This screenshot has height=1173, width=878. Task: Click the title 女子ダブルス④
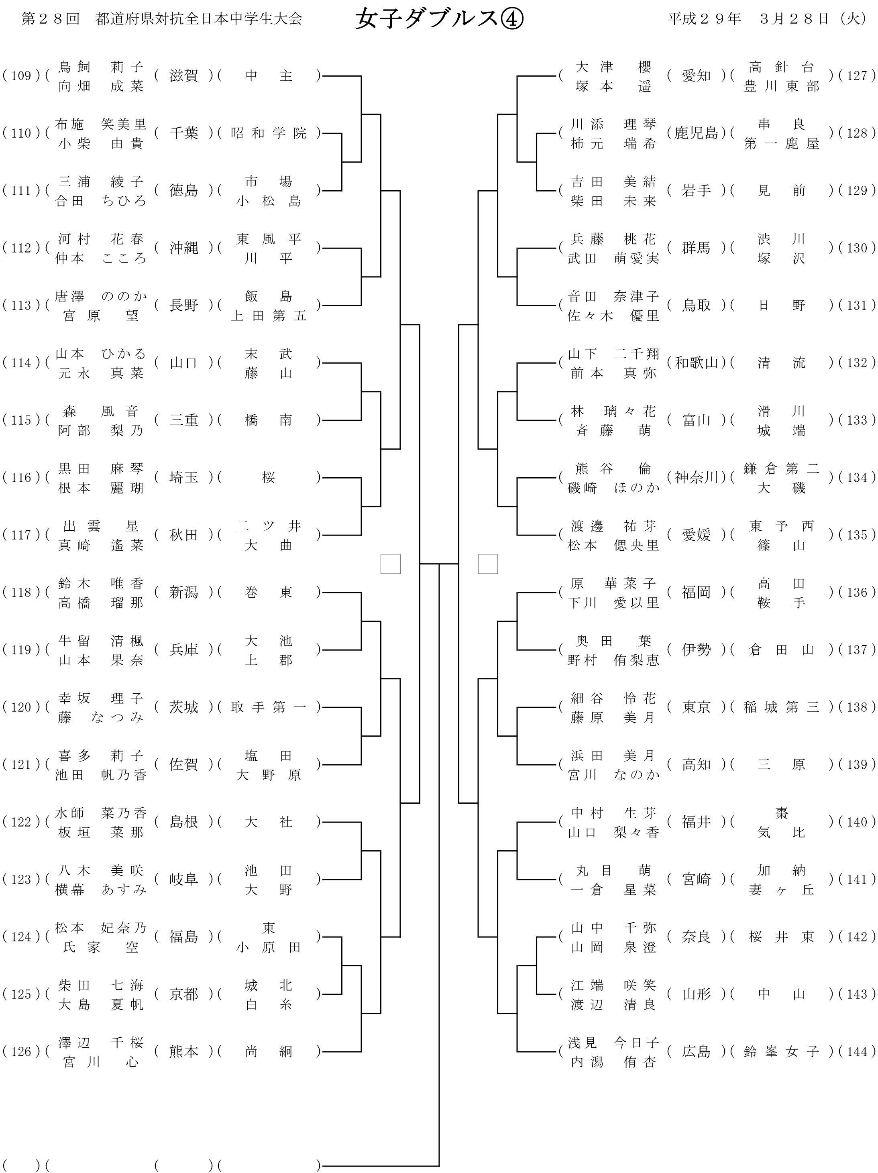(x=439, y=19)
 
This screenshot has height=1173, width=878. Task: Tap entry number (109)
(x=21, y=76)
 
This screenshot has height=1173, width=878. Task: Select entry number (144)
(x=857, y=1051)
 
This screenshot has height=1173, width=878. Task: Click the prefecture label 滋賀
(x=183, y=76)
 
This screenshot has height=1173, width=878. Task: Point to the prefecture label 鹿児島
(x=696, y=133)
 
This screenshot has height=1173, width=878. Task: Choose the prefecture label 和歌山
(x=696, y=363)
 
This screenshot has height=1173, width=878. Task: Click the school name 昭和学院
(x=269, y=133)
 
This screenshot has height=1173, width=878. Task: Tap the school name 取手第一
(x=269, y=707)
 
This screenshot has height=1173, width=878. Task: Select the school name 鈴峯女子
(x=781, y=1051)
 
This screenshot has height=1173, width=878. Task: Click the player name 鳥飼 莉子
(x=101, y=67)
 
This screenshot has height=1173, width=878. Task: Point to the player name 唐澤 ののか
(x=101, y=296)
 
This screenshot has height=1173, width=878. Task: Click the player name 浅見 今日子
(x=613, y=1042)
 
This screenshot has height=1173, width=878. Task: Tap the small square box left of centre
(x=390, y=564)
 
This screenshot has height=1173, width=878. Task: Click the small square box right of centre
(x=488, y=564)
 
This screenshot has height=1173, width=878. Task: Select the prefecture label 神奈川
(x=696, y=477)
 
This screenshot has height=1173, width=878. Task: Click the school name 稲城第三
(x=781, y=707)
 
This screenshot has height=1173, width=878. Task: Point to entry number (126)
(x=21, y=1051)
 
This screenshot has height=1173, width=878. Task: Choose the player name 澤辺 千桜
(x=101, y=1042)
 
